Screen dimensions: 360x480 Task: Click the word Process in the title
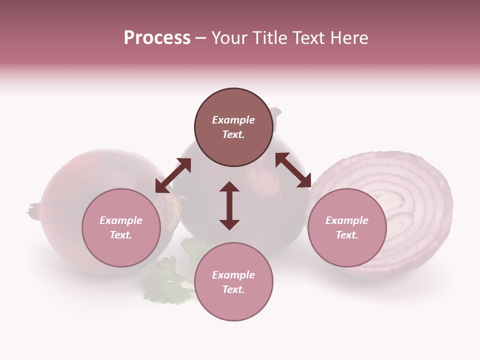coord(157,37)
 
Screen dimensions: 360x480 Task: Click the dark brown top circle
coord(233,127)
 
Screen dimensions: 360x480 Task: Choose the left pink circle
coord(121,227)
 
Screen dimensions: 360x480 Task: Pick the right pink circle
coord(346,227)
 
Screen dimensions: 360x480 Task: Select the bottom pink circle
coord(233,282)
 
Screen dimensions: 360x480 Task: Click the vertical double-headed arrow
coord(229,205)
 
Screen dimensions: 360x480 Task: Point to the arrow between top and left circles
coord(173,175)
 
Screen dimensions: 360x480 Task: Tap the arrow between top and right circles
coord(293,170)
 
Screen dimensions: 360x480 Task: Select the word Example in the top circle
coord(233,120)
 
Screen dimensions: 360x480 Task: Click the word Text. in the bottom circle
coord(233,289)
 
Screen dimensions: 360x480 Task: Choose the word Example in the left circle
coord(121,220)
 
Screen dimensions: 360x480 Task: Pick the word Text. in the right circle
coord(346,235)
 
